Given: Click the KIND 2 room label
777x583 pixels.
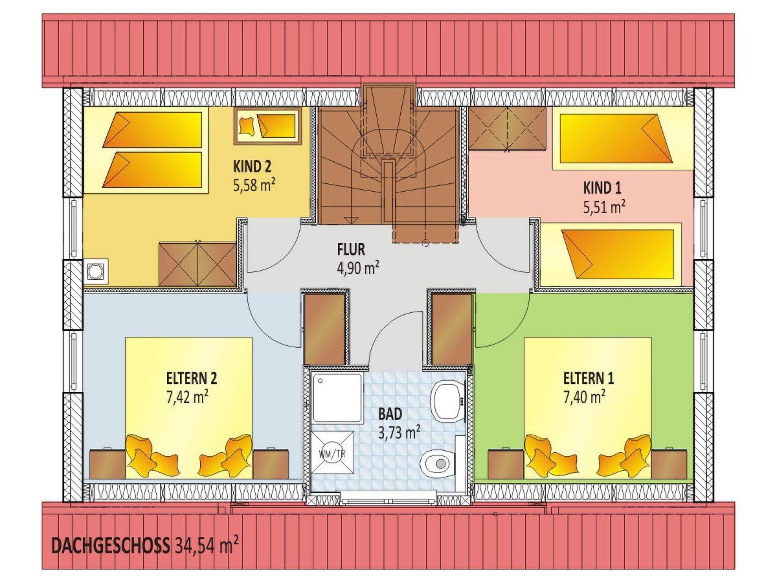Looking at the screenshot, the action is [252, 166].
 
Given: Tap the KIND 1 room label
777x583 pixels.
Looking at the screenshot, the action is [602, 188].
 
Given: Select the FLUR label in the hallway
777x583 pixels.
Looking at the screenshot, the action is [351, 250].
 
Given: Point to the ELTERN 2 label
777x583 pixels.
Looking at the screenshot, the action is [192, 378].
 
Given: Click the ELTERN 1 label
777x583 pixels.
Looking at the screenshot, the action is [588, 378].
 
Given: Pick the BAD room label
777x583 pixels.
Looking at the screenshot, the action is [390, 414].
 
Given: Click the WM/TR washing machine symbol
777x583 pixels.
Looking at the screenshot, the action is [332, 453].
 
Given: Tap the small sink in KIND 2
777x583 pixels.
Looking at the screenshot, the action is [96, 271].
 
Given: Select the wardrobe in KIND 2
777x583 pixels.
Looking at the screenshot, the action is [198, 264].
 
